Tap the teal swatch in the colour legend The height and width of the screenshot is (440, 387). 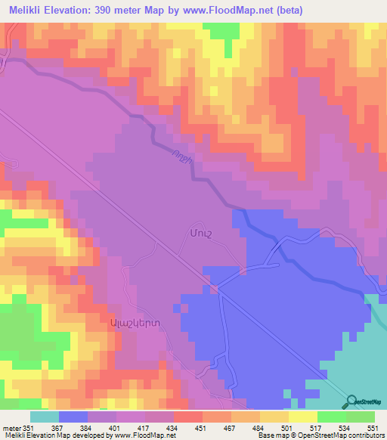click(44, 417)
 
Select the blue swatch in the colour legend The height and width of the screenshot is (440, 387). click(73, 417)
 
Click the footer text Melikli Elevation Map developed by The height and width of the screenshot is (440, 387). click(54, 435)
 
